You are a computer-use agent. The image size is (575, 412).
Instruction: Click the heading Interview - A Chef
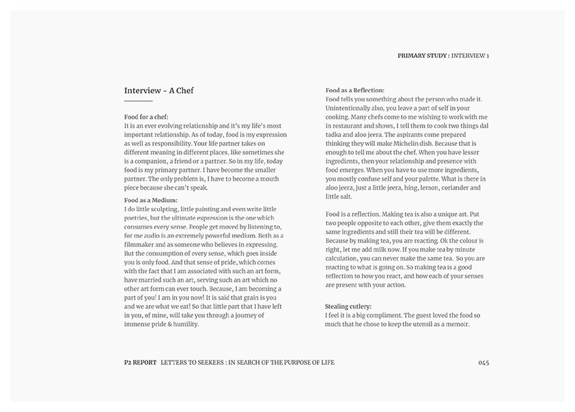tap(159, 90)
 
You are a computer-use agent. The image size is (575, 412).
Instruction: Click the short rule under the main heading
tap(138, 101)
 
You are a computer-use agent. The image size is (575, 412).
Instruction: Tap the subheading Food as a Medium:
tap(151, 199)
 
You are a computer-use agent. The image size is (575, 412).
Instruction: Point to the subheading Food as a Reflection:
tap(355, 90)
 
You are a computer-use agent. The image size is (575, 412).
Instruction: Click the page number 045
tap(483, 362)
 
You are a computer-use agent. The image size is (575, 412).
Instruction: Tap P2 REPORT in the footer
tap(139, 362)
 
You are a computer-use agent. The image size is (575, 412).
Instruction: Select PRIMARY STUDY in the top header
tap(423, 55)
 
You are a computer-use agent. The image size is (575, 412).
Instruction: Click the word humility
tap(184, 324)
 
